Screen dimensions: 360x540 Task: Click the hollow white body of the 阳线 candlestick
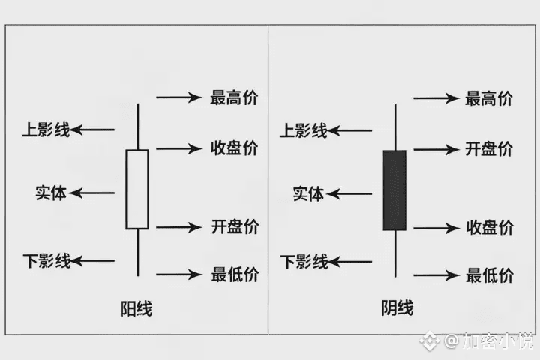(137, 189)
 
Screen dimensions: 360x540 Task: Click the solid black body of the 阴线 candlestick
(394, 190)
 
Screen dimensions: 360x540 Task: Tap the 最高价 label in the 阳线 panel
(235, 97)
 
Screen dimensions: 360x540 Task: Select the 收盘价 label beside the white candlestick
(235, 148)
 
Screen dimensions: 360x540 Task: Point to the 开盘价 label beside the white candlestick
(235, 226)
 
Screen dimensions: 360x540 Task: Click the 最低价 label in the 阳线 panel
(235, 274)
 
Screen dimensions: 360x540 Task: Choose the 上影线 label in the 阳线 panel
(46, 130)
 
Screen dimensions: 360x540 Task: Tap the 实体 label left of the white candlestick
(51, 193)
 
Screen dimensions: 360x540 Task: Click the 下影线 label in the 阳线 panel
(46, 262)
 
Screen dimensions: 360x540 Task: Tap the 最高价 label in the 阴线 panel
(489, 97)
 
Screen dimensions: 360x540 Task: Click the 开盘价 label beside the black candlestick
(489, 148)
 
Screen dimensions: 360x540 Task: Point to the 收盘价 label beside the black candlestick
(489, 227)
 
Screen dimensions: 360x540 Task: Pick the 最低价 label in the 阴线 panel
(489, 275)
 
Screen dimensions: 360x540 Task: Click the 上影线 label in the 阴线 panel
(304, 131)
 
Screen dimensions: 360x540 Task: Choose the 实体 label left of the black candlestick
(308, 194)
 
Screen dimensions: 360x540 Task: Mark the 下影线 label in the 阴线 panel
(304, 262)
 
